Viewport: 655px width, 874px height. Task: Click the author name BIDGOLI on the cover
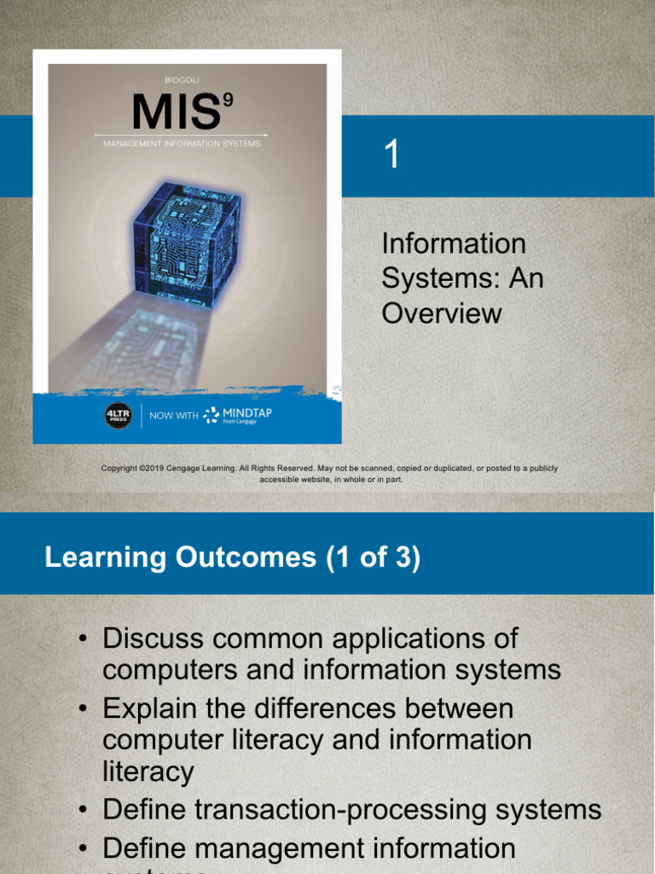[x=182, y=80]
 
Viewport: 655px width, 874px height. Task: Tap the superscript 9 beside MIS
[x=228, y=101]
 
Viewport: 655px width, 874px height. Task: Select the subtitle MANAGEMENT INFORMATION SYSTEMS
[x=182, y=144]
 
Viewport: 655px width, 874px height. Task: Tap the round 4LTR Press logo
[x=118, y=416]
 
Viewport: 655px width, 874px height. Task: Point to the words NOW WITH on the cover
[x=173, y=416]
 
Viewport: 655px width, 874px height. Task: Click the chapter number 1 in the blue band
[x=391, y=156]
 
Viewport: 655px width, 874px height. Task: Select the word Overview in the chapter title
[x=442, y=313]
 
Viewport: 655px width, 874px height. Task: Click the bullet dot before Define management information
[x=83, y=849]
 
